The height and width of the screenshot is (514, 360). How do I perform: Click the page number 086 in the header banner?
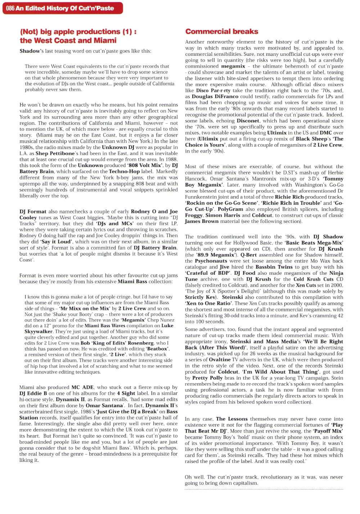pos(10,8)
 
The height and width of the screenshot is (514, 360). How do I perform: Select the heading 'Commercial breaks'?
pos(222,32)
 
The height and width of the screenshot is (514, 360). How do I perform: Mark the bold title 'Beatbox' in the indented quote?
pos(157,348)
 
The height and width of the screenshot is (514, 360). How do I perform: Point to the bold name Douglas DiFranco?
pos(215,96)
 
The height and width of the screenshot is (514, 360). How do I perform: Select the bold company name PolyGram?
pos(230,209)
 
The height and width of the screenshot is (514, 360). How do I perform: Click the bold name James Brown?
pos(202,221)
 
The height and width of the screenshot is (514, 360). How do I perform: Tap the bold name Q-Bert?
pos(249,255)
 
